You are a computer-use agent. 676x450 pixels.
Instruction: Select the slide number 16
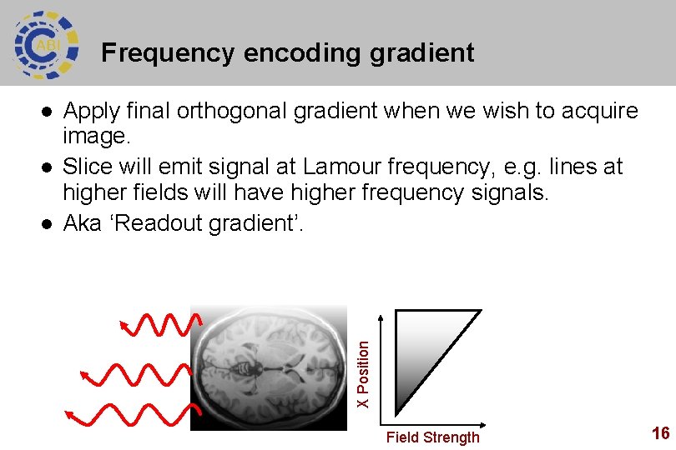coord(660,432)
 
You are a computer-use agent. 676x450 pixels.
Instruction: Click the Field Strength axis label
coord(432,437)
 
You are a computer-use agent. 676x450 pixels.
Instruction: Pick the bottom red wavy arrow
coord(134,414)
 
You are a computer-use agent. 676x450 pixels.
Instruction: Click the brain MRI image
coord(268,367)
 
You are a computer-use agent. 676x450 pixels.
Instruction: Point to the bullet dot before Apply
coord(48,111)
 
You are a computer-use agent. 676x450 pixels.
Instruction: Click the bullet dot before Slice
coord(48,167)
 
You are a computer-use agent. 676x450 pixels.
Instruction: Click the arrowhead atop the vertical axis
coord(381,317)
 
